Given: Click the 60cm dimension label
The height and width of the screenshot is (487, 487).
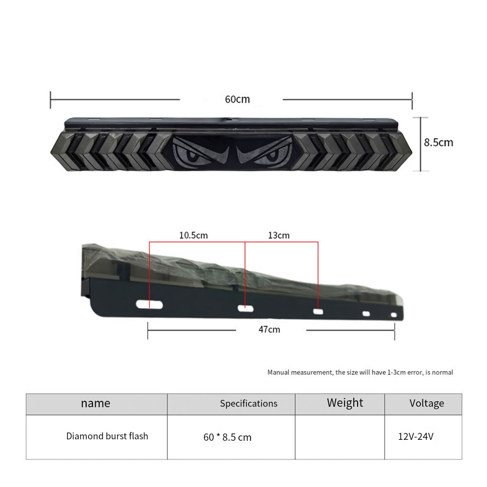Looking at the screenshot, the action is pos(237,99).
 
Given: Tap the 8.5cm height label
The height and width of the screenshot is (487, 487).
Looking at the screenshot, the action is pos(438,143).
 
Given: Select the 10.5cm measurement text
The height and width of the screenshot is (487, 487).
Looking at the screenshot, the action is pos(193,235).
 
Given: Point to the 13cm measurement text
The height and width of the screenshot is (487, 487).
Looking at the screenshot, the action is pos(279,235).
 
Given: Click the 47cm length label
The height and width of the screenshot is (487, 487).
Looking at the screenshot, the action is pos(269,329).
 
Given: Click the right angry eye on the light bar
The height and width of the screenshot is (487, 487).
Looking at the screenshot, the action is pos(265,152).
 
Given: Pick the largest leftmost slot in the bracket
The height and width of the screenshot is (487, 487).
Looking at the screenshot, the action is pos(149,305).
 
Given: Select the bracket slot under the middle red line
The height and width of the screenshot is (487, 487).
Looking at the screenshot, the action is pos(245,308).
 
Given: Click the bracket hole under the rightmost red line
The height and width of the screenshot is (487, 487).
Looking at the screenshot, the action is pos(318,311).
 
